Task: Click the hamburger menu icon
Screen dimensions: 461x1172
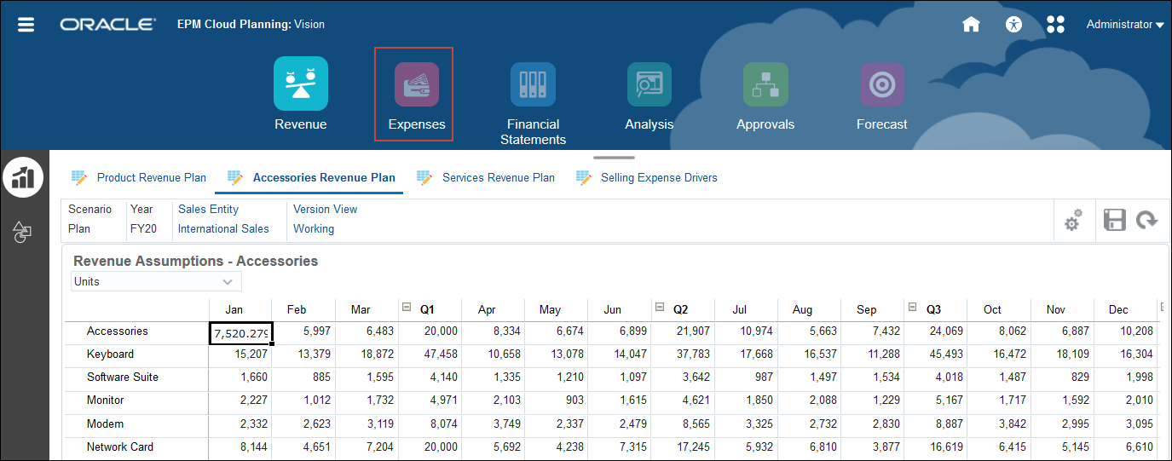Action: [26, 24]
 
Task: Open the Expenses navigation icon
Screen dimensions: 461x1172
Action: [416, 85]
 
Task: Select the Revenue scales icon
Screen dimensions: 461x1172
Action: [300, 84]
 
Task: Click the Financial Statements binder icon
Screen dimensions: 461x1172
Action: [533, 85]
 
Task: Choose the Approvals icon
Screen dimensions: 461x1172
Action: [765, 85]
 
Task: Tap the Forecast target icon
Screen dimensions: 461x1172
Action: [881, 85]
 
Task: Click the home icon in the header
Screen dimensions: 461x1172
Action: [971, 24]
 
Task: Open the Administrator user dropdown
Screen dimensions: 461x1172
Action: [1124, 25]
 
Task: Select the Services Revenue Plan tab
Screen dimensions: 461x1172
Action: [498, 178]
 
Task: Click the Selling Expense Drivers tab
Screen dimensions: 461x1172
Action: [658, 178]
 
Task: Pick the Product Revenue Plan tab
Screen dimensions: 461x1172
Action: [151, 178]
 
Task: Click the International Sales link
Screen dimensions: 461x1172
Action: [223, 228]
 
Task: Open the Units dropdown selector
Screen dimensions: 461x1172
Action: [156, 281]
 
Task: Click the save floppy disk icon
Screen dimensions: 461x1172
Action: [1114, 220]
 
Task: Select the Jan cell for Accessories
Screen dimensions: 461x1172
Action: [240, 332]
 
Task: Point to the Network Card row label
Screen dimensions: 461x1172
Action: [120, 447]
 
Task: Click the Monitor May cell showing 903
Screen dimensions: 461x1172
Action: [557, 400]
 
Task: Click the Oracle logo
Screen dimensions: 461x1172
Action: [108, 25]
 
